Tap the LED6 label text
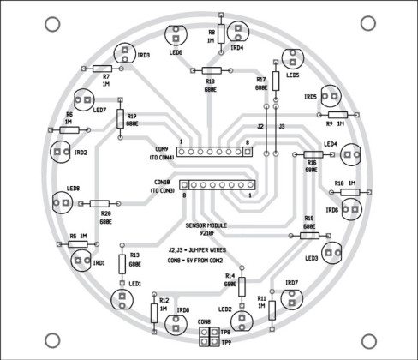(176, 52)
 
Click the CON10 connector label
(163, 183)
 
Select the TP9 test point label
(225, 342)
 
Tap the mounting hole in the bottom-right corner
(370, 337)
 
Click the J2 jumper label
(260, 127)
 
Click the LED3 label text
(310, 257)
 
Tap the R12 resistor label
(163, 300)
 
